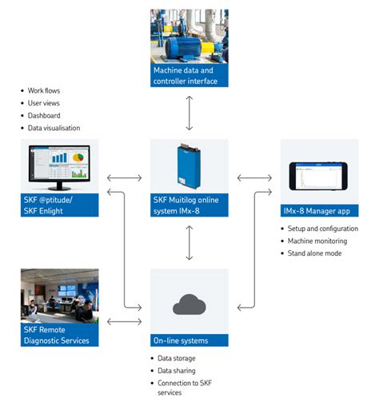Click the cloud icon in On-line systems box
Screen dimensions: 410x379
[x=189, y=305]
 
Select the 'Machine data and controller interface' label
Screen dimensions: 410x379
[x=189, y=76]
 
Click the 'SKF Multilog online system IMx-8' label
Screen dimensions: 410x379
[x=189, y=205]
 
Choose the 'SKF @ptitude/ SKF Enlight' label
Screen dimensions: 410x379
[x=60, y=205]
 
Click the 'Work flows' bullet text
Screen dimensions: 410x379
[x=43, y=90]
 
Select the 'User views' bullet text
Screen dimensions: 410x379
[x=43, y=103]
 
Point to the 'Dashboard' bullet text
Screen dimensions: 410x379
[x=44, y=115]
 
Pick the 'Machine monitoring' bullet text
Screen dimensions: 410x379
[x=317, y=241]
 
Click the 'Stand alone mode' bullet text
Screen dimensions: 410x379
[x=314, y=253]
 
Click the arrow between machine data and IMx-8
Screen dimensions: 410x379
[x=189, y=113]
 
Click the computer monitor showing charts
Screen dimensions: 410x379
[x=60, y=166]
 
